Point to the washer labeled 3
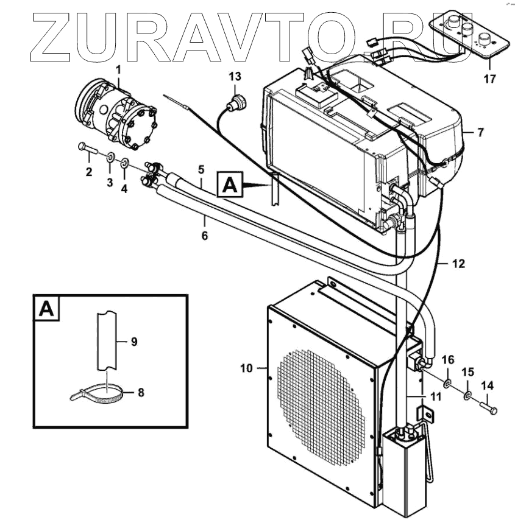[x=110, y=158]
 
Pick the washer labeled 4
[x=124, y=164]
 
